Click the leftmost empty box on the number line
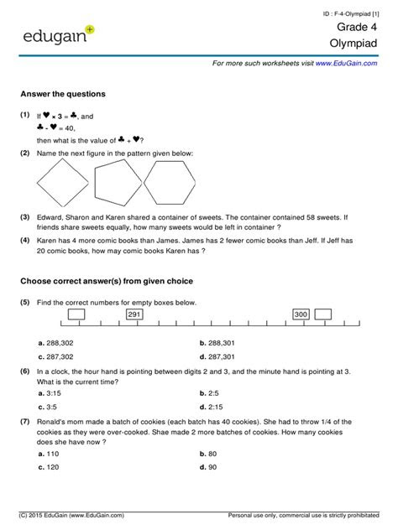[75, 314]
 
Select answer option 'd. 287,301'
[221, 356]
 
